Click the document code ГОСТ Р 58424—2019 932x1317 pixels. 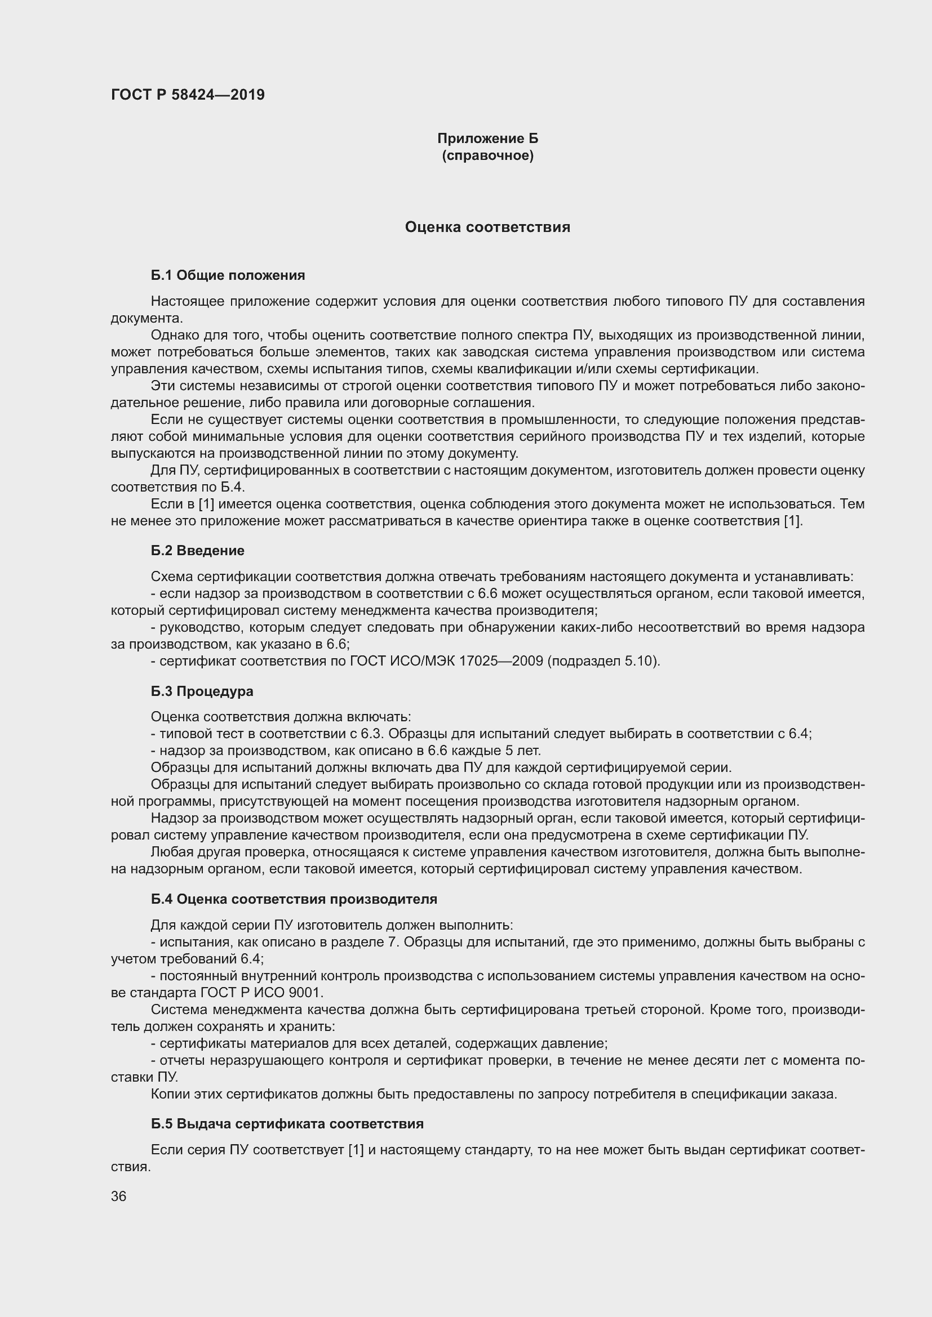click(x=188, y=95)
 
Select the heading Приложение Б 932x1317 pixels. click(x=488, y=139)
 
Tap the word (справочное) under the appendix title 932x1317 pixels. click(x=488, y=155)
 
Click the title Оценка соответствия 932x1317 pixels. click(x=488, y=227)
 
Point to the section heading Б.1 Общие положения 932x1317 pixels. click(x=228, y=275)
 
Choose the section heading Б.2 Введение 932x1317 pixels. click(x=197, y=551)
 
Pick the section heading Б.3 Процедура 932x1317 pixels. click(x=202, y=691)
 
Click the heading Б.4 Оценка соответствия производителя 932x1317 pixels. click(x=294, y=899)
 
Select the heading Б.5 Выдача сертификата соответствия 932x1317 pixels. click(x=287, y=1124)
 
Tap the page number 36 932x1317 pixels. click(x=119, y=1197)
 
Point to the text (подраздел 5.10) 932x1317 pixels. click(x=603, y=661)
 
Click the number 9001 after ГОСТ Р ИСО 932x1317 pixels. click(x=307, y=992)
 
